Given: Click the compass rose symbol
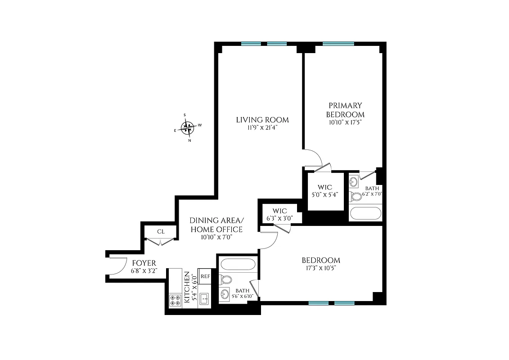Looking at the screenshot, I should pos(187,128).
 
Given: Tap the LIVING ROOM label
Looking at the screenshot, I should pos(262,120).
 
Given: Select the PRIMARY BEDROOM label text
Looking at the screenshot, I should pos(345,110).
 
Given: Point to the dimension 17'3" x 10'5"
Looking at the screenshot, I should pos(320,268).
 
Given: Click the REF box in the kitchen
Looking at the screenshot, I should pos(205,276).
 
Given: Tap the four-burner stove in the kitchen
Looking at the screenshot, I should pos(175,300).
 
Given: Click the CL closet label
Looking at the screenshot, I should pos(161,231).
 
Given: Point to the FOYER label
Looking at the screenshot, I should pos(144,263).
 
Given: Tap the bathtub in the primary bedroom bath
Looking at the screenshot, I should pos(365,212).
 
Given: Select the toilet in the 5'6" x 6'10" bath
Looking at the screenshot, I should pos(226,279).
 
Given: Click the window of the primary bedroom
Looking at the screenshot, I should pos(338,44).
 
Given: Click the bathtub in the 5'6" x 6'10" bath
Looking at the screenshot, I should pos(237,264).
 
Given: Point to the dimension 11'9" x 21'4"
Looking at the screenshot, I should pos(262,128).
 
